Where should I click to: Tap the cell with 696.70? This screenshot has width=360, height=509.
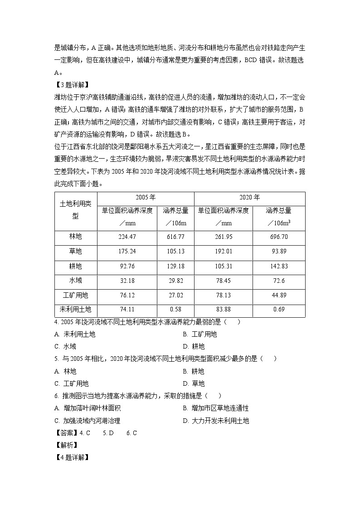point(279,237)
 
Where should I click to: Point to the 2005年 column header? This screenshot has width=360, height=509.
point(146,198)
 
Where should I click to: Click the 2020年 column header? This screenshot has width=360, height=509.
point(249,198)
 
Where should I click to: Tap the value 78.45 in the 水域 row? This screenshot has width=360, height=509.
point(223,281)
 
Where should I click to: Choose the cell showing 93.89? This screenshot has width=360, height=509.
point(279,251)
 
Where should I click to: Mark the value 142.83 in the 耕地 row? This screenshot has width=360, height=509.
point(279,266)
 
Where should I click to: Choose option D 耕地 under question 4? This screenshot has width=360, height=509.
point(194,347)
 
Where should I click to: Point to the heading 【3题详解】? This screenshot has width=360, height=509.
point(71,84)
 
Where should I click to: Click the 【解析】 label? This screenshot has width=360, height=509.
point(64,445)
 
